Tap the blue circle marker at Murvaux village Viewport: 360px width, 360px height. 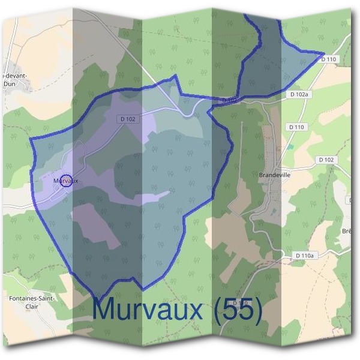(x=67, y=181)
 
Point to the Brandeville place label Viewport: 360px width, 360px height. (x=274, y=175)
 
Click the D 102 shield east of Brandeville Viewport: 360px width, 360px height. (x=325, y=160)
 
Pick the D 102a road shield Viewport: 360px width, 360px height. (x=298, y=95)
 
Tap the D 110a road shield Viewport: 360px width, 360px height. (x=304, y=256)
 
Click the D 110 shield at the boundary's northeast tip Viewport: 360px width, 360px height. (x=329, y=59)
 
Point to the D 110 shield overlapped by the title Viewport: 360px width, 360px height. (x=241, y=303)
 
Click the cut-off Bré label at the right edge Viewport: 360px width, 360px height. (x=347, y=231)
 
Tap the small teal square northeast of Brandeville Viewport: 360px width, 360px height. (x=290, y=146)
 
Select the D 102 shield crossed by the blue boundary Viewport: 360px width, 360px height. (x=227, y=100)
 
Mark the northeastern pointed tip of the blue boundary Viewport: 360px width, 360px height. (x=324, y=54)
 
